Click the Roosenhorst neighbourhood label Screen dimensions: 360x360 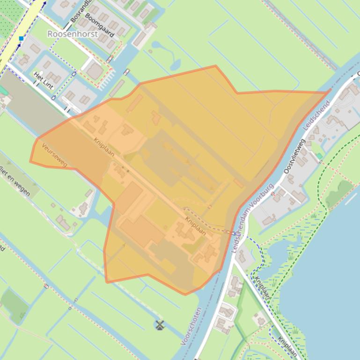pos(73,34)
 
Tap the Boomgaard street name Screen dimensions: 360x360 pos(100,25)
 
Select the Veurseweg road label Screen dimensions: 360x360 pos(54,155)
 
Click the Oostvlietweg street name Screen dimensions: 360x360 pos(294,156)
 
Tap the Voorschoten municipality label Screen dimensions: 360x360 pos(191,326)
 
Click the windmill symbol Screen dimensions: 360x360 pos(160,324)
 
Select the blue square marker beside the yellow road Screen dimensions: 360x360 pos(21,38)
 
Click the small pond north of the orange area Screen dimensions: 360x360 pos(175,64)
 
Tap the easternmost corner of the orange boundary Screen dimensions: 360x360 pos(329,92)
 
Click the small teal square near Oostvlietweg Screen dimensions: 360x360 pos(319,156)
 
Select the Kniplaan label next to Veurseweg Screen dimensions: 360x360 pos(103,147)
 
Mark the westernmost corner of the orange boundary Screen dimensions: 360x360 pos(30,161)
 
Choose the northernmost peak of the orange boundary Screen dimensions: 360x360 pos(215,66)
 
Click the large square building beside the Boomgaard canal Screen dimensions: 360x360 pos(95,72)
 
